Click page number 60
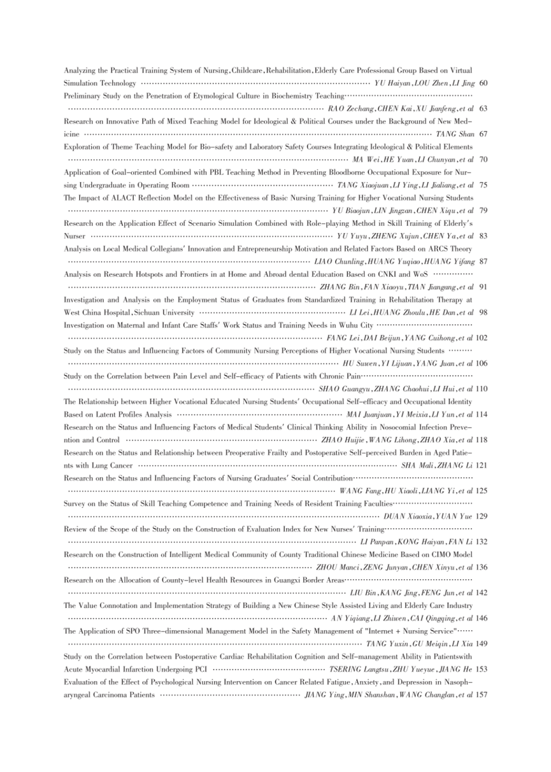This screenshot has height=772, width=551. click(482, 83)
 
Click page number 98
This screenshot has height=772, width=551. click(482, 312)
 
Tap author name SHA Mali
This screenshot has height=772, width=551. click(418, 465)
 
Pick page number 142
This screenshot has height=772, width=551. click(482, 592)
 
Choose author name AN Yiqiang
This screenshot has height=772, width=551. click(350, 617)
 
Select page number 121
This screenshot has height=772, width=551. click(482, 465)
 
